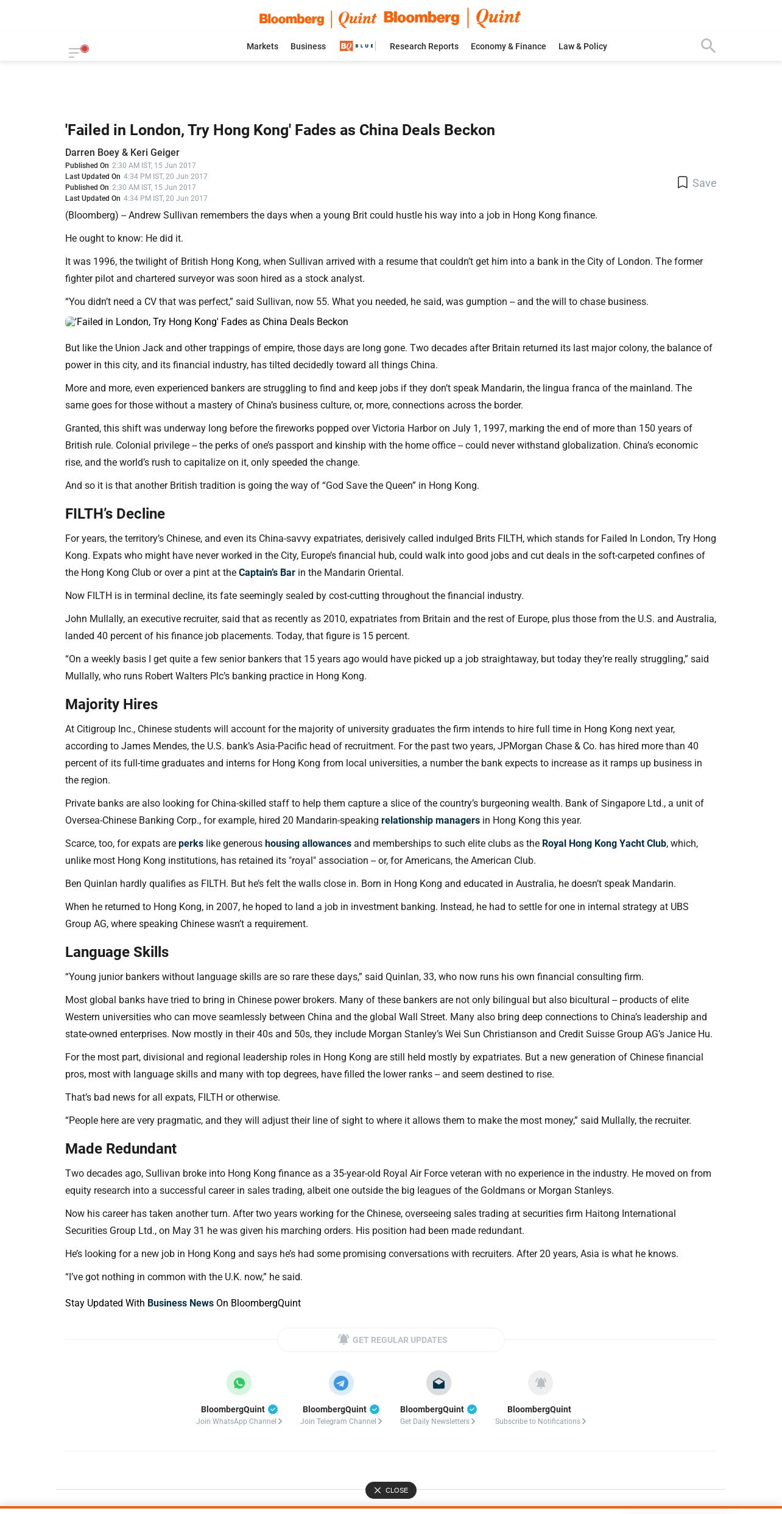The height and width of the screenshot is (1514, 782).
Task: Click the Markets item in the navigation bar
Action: [262, 46]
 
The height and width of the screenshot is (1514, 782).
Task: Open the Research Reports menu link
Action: [424, 46]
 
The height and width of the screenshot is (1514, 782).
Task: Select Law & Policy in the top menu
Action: [582, 46]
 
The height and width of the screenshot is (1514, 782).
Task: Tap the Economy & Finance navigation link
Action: [508, 46]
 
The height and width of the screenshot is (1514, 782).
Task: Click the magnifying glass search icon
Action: [708, 46]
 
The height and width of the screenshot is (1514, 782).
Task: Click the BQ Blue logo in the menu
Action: [357, 46]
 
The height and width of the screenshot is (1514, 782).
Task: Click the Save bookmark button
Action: [697, 183]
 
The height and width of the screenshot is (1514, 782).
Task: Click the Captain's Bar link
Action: [267, 572]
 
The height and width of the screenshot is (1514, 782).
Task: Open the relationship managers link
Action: [430, 820]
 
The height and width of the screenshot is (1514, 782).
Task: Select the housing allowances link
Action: [308, 843]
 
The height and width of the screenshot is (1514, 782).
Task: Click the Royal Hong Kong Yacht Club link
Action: [604, 843]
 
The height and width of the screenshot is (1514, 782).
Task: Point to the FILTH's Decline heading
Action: [115, 514]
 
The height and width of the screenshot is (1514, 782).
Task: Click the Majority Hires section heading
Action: [111, 704]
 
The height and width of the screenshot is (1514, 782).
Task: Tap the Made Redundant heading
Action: [121, 1149]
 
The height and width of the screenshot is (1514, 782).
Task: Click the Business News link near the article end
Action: [180, 1303]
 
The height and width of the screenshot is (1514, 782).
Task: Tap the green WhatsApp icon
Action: [239, 1383]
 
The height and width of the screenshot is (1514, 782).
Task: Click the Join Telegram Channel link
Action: [340, 1421]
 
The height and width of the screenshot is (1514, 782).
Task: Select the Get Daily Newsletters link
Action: [437, 1421]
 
